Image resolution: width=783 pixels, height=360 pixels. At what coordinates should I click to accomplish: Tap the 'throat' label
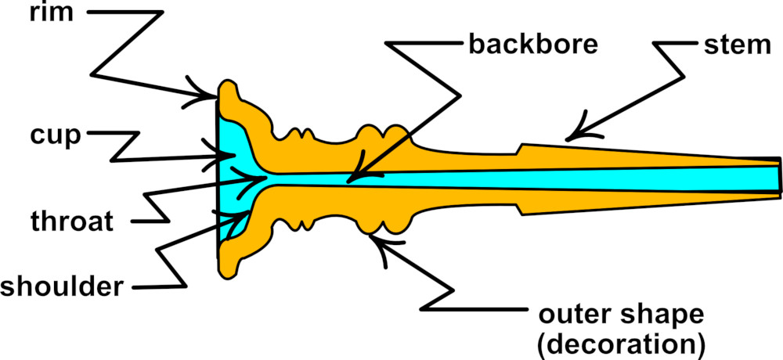73,221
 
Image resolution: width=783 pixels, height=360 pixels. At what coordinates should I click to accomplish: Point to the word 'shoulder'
62,286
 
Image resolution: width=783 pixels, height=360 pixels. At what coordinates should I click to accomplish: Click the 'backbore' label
532,43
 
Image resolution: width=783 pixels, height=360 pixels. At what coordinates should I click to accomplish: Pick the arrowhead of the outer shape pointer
376,235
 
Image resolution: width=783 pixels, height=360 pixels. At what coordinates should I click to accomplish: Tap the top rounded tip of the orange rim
228,84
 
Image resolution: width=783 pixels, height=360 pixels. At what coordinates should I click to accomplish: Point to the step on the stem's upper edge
521,147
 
